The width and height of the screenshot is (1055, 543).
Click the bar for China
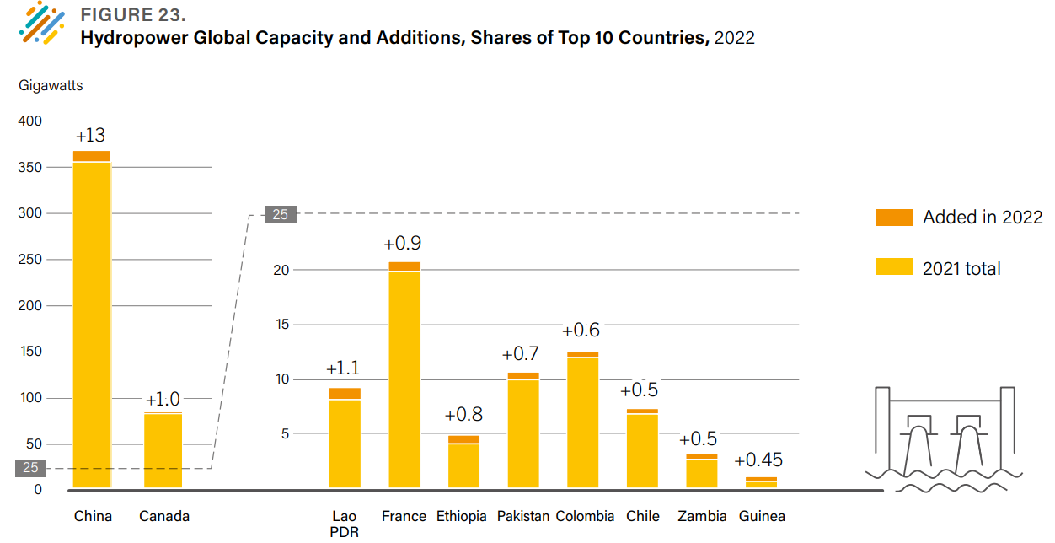(91, 320)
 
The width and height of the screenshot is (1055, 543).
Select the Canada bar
(163, 450)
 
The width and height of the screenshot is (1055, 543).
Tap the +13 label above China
(90, 136)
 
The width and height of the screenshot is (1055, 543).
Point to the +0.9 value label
(402, 244)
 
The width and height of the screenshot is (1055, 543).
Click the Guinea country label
(762, 516)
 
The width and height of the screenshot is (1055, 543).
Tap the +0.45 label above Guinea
(758, 460)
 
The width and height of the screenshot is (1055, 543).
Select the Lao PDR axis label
(345, 524)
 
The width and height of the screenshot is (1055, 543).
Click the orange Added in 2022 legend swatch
(894, 217)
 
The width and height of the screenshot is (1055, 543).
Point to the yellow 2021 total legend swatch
(894, 268)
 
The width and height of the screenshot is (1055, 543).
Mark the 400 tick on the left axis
(30, 121)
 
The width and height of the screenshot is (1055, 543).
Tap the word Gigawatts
(51, 85)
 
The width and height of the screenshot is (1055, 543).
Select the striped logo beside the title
(41, 23)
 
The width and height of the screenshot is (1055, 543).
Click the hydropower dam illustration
(944, 438)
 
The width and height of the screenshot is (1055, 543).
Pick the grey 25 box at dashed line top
(280, 214)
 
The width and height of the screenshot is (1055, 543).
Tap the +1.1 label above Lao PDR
(343, 368)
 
